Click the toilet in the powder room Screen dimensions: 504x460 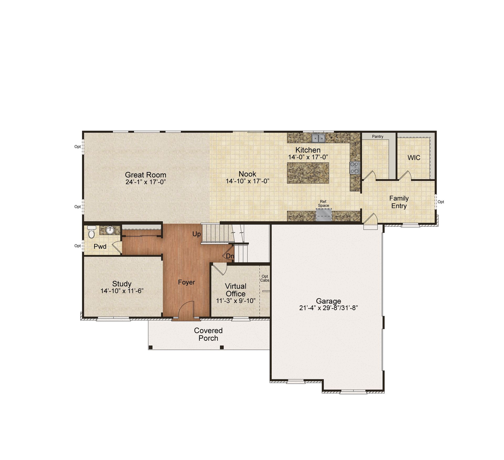(x=91, y=232)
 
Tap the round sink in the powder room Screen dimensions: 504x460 (x=110, y=230)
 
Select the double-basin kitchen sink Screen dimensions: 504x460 (x=318, y=138)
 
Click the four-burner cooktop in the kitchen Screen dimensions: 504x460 (x=354, y=168)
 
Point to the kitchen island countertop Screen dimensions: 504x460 (x=308, y=173)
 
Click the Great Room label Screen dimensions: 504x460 (x=145, y=175)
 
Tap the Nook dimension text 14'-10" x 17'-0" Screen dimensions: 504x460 (x=248, y=181)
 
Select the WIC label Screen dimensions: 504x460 (x=414, y=158)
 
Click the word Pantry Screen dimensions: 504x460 (x=377, y=137)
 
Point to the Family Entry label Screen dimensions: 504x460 (x=399, y=202)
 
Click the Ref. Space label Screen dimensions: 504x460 (x=323, y=203)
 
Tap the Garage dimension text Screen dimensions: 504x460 (x=328, y=308)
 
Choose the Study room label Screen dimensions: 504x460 (x=122, y=284)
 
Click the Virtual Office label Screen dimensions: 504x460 (x=236, y=290)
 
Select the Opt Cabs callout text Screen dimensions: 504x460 (x=265, y=278)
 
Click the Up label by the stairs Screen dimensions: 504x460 (x=197, y=234)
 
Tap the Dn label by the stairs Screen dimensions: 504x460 (x=230, y=256)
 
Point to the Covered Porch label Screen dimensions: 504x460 (x=208, y=334)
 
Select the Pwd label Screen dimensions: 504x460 (x=100, y=246)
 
